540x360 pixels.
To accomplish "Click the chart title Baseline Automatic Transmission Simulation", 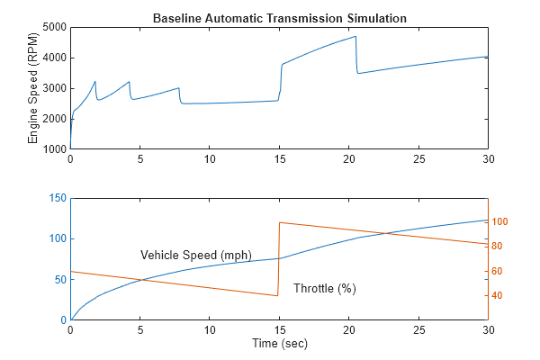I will coord(279,18).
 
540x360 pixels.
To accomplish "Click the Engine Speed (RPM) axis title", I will coord(33,88).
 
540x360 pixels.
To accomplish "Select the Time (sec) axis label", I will coord(279,344).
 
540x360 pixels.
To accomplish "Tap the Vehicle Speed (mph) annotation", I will coord(196,255).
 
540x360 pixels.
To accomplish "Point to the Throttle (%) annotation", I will coord(325,288).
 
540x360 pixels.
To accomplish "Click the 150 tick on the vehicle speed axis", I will coord(56,198).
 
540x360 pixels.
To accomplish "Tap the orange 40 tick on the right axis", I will coord(498,296).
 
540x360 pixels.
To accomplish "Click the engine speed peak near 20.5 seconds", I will coord(356,37).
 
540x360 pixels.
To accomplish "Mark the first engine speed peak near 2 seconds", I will coord(95,82).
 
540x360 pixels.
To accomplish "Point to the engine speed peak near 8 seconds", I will coord(179,88).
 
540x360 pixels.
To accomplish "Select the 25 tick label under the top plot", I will coord(418,159).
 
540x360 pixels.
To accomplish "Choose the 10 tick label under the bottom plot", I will coord(210,330).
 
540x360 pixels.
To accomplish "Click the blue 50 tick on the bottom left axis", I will coord(58,279).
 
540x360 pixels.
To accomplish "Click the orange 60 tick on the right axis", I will coord(498,271).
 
